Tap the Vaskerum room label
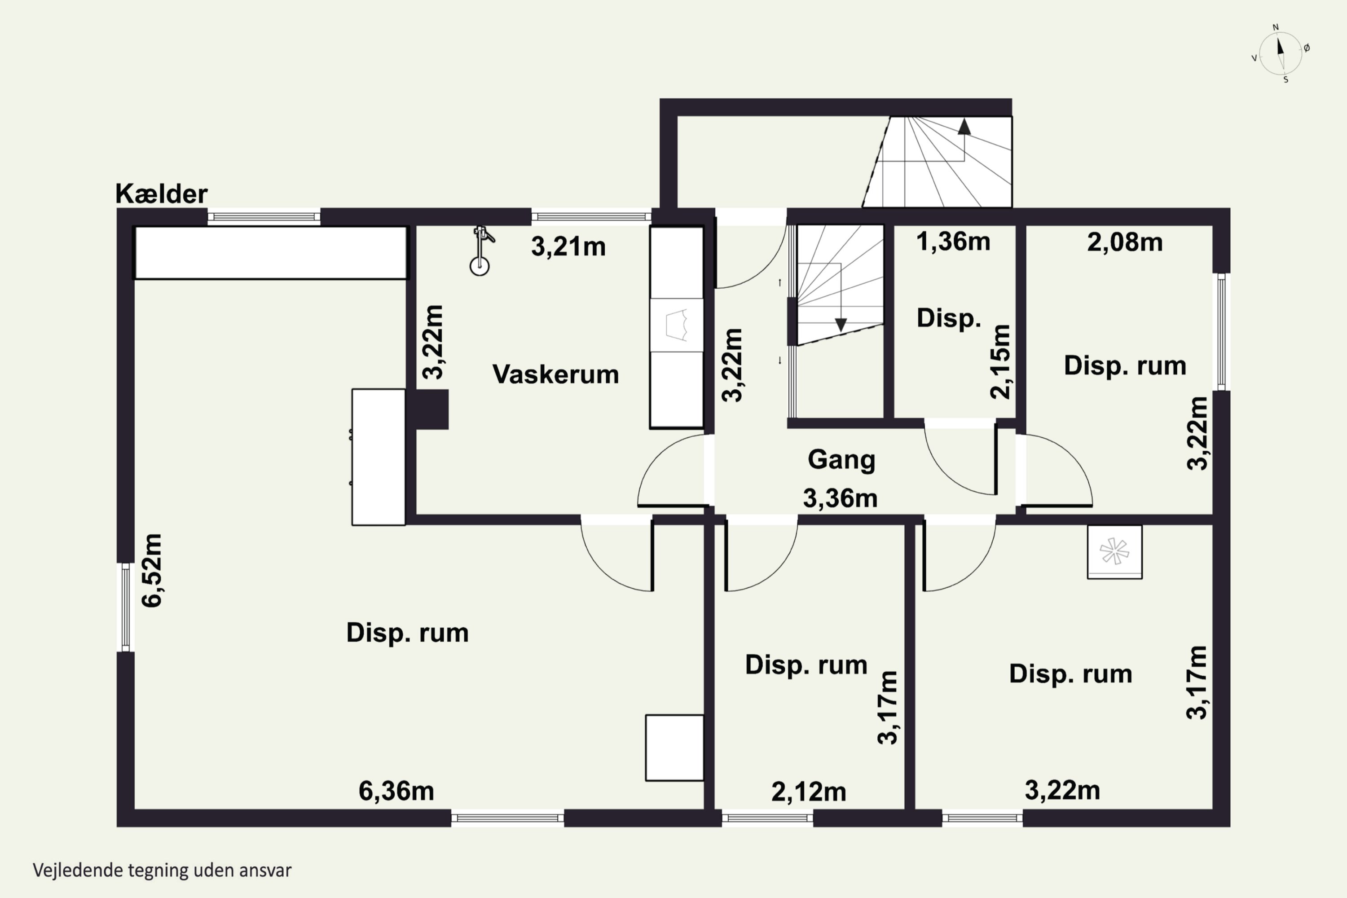(555, 374)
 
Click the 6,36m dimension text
(396, 791)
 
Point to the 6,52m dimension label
(152, 570)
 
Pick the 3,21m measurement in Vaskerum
(568, 247)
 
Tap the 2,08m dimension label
(1125, 242)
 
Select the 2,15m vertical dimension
(1000, 362)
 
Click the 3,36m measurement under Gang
(840, 498)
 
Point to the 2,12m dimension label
(809, 792)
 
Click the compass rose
(1281, 54)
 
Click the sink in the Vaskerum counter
(676, 325)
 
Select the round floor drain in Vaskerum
(480, 266)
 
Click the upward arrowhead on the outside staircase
(964, 127)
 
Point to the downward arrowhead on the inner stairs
(841, 325)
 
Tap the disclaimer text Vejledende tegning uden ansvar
(162, 871)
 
